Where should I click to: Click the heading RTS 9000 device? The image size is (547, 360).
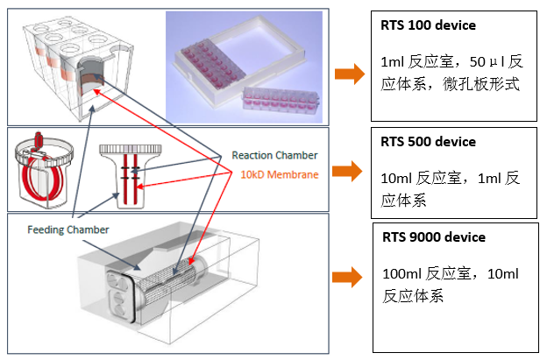coord(434,237)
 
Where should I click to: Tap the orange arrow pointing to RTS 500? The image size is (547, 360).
coord(350,169)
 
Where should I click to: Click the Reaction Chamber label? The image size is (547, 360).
coord(273,155)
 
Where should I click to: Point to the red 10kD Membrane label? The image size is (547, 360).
coord(279,174)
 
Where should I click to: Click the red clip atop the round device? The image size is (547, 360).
coord(38,139)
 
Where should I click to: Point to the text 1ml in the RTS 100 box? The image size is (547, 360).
coord(392,62)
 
